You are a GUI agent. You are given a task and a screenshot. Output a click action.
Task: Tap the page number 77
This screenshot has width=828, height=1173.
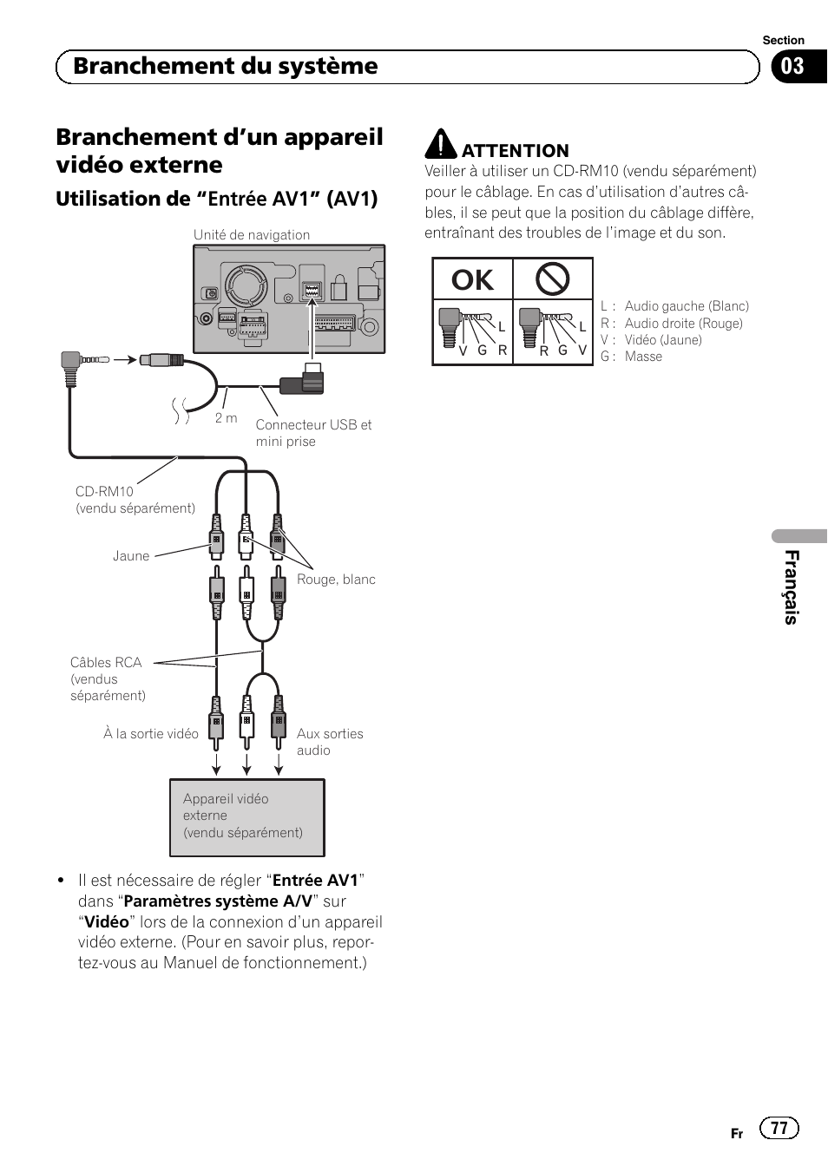pyautogui.click(x=779, y=1128)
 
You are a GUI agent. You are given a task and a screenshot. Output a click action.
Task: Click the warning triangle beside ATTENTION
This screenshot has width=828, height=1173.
pyautogui.click(x=441, y=145)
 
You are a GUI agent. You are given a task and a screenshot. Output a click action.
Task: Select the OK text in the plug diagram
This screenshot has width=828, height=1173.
pyautogui.click(x=472, y=280)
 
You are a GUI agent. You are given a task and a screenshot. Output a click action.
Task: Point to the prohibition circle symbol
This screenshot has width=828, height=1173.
pyautogui.click(x=552, y=279)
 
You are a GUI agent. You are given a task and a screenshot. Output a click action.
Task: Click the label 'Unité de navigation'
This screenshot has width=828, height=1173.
pyautogui.click(x=251, y=235)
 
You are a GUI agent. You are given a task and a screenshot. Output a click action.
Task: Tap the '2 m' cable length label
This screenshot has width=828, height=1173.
pyautogui.click(x=226, y=418)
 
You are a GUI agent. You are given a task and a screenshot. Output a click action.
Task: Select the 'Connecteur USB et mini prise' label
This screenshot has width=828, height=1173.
pyautogui.click(x=312, y=433)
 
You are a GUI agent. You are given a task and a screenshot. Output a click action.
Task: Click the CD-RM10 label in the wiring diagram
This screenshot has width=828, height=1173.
pyautogui.click(x=104, y=492)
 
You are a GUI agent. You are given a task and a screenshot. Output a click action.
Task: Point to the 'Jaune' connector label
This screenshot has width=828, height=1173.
pyautogui.click(x=131, y=556)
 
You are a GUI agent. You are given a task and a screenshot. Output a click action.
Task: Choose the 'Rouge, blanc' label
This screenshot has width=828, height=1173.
pyautogui.click(x=336, y=580)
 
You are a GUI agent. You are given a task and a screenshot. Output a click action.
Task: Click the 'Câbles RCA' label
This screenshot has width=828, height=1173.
pyautogui.click(x=106, y=663)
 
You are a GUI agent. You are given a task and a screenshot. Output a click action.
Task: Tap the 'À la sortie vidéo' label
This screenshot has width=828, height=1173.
pyautogui.click(x=151, y=734)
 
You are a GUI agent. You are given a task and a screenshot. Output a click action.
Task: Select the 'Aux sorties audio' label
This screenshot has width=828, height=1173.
pyautogui.click(x=329, y=742)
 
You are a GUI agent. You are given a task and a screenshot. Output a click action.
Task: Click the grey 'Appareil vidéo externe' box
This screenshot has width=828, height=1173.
pyautogui.click(x=246, y=816)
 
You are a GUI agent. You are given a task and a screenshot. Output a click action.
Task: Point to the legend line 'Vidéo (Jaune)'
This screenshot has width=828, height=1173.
pyautogui.click(x=663, y=340)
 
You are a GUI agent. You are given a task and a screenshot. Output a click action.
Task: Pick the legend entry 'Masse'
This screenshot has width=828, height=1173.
pyautogui.click(x=643, y=357)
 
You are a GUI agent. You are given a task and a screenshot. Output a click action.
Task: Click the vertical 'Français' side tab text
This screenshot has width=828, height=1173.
pyautogui.click(x=792, y=586)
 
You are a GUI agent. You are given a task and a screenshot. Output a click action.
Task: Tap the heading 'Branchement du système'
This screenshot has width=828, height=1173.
pyautogui.click(x=226, y=67)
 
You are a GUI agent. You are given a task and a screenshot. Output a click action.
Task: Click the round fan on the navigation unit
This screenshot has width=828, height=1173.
pyautogui.click(x=245, y=285)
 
